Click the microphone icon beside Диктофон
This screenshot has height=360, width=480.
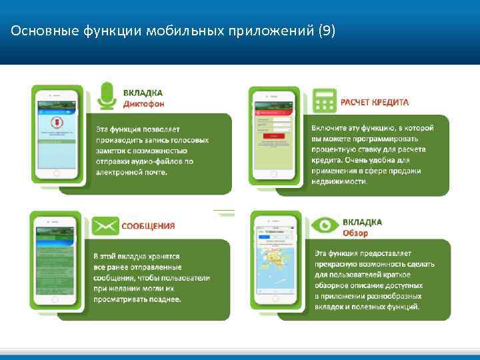tap(107, 96)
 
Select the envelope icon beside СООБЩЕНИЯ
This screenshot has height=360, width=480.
tap(105, 225)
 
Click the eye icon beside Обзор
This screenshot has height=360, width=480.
tap(327, 225)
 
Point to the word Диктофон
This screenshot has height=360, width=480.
tap(144, 104)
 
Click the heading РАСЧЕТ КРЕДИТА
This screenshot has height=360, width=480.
tap(375, 102)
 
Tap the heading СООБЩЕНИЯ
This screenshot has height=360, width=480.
tap(148, 225)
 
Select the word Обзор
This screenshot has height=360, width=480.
tap(355, 233)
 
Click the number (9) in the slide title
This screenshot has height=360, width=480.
tap(327, 31)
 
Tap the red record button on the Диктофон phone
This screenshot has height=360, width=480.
tap(57, 124)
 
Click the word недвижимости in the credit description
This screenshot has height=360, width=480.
tap(339, 181)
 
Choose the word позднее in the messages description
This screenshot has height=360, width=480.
tap(165, 299)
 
